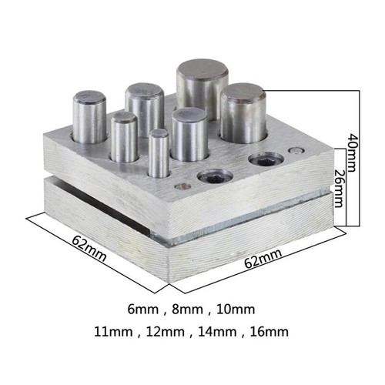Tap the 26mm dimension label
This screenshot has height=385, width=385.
[339, 187]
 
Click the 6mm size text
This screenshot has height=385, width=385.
[145, 310]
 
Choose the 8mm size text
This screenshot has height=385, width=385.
[187, 310]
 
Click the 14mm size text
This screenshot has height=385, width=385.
[213, 333]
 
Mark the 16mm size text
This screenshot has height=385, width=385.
[266, 333]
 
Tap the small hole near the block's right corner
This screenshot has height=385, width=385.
[293, 149]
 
